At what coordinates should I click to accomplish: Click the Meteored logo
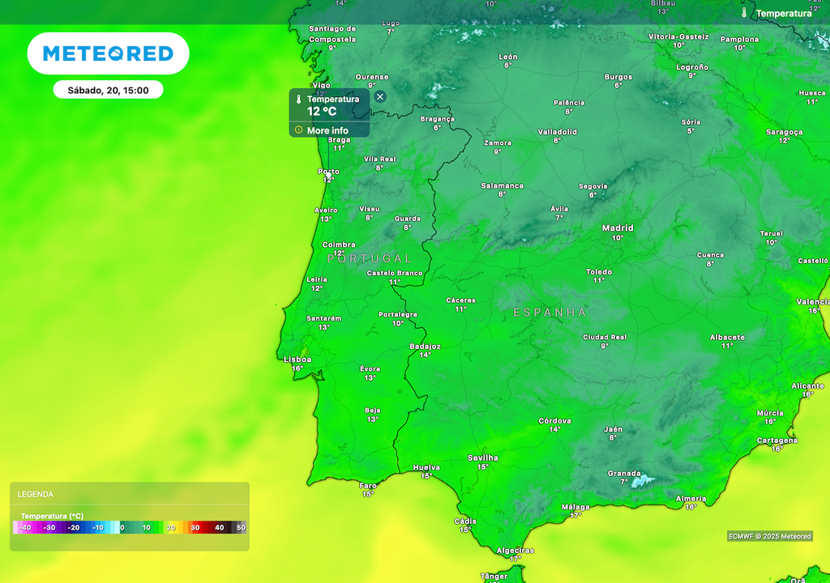[108, 53]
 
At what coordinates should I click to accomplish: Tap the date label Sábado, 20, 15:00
[108, 90]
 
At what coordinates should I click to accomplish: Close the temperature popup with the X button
[380, 96]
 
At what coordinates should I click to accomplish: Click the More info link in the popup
[327, 130]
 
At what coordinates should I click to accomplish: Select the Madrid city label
[618, 228]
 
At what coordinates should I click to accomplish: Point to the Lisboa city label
[297, 360]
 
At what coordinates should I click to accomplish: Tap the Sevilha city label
[483, 457]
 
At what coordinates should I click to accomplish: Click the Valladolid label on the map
[558, 131]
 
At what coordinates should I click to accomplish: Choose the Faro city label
[368, 485]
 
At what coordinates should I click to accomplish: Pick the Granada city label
[624, 474]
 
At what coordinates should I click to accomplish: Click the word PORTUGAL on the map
[370, 258]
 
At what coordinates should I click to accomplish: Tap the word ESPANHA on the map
[550, 312]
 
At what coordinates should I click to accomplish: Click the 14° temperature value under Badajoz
[425, 355]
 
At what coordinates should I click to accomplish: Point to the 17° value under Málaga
[575, 515]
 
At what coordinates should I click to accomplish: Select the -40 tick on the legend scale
[26, 527]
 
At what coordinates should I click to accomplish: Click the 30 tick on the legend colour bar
[195, 527]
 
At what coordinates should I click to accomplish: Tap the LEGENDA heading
[36, 494]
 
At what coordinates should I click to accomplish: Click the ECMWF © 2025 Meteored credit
[769, 536]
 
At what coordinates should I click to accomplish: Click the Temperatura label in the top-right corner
[783, 13]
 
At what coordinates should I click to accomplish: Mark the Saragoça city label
[784, 131]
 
